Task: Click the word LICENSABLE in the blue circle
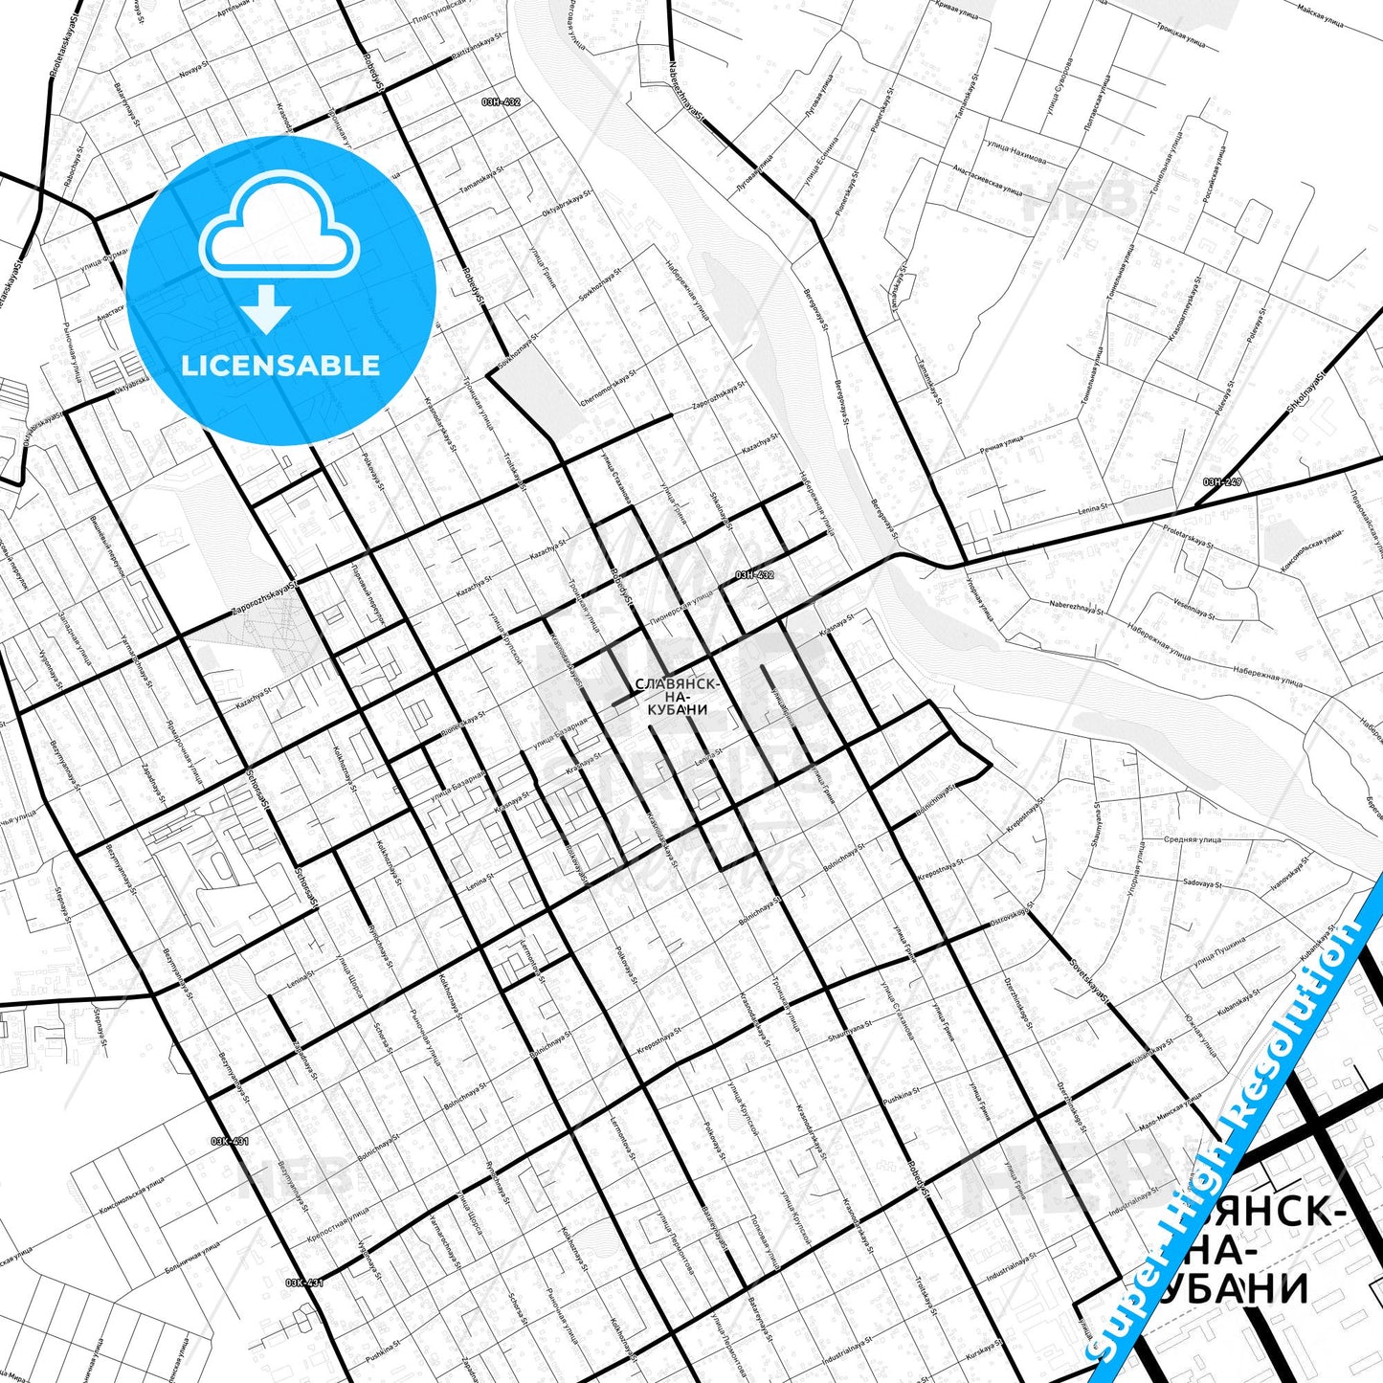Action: coord(280,366)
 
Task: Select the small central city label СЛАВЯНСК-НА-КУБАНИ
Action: coord(677,697)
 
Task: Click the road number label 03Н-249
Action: coord(1222,481)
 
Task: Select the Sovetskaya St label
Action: coord(1087,984)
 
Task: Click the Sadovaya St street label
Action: coord(1203,884)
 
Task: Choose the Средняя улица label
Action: coord(1192,839)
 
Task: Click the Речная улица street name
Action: coord(1001,444)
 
